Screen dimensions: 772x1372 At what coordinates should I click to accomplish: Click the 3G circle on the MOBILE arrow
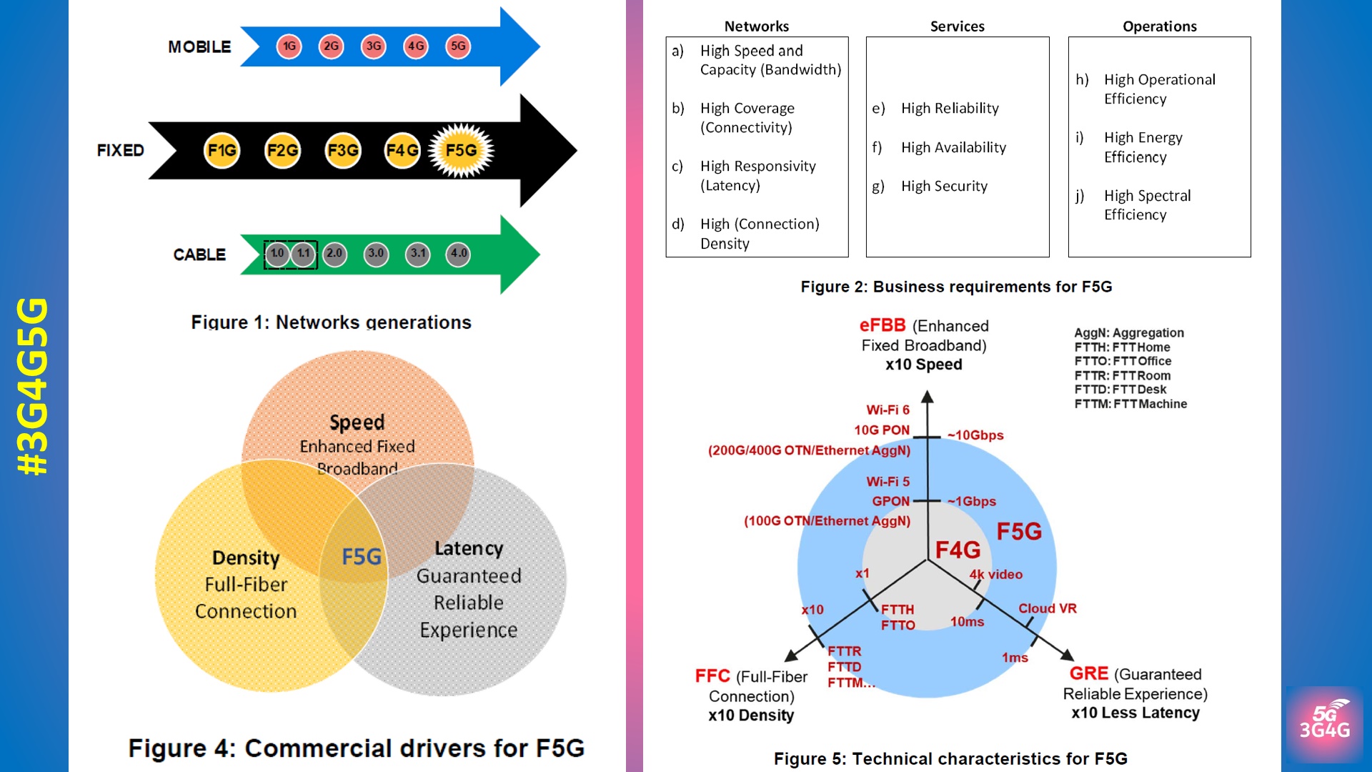click(373, 46)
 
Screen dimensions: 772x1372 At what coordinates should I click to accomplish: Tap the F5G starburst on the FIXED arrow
click(461, 150)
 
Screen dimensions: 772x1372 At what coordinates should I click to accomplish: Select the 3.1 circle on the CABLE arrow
click(418, 254)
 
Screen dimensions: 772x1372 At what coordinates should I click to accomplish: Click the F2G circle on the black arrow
click(282, 150)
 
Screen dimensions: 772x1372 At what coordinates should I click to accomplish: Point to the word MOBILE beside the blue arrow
click(199, 47)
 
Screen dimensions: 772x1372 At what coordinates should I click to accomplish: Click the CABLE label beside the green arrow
click(199, 254)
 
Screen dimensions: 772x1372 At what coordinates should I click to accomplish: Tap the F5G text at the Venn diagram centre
click(362, 557)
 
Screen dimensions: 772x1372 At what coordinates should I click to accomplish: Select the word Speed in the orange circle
click(357, 422)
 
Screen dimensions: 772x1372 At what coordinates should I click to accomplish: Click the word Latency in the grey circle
click(469, 548)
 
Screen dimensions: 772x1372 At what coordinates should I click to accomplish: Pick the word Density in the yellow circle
click(246, 558)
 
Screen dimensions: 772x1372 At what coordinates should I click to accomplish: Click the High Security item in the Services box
click(944, 186)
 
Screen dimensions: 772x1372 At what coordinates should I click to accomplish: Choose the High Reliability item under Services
click(950, 108)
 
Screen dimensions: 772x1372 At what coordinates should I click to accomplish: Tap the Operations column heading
click(1159, 26)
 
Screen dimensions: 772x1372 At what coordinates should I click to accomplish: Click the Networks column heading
click(756, 26)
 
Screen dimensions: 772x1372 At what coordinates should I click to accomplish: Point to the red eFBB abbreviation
click(883, 326)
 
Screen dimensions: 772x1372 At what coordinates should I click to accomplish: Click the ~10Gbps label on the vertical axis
click(975, 435)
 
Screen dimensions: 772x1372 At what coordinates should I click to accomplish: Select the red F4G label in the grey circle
click(958, 550)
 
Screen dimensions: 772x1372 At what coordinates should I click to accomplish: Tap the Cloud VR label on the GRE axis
click(1047, 608)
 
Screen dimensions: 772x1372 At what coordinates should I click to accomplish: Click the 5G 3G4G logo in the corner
click(1324, 723)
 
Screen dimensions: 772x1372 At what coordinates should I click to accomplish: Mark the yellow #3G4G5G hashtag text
click(34, 386)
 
